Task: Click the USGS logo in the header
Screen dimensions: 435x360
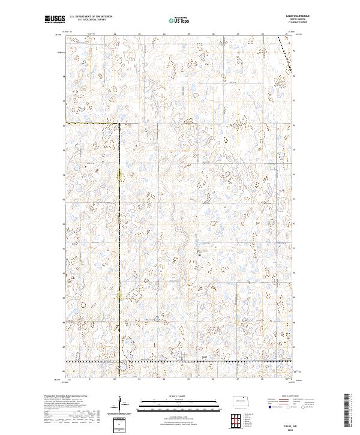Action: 55,19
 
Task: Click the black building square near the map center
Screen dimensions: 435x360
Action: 200,257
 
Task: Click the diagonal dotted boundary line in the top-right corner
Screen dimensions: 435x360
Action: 287,54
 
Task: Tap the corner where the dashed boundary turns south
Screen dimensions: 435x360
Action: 119,123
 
